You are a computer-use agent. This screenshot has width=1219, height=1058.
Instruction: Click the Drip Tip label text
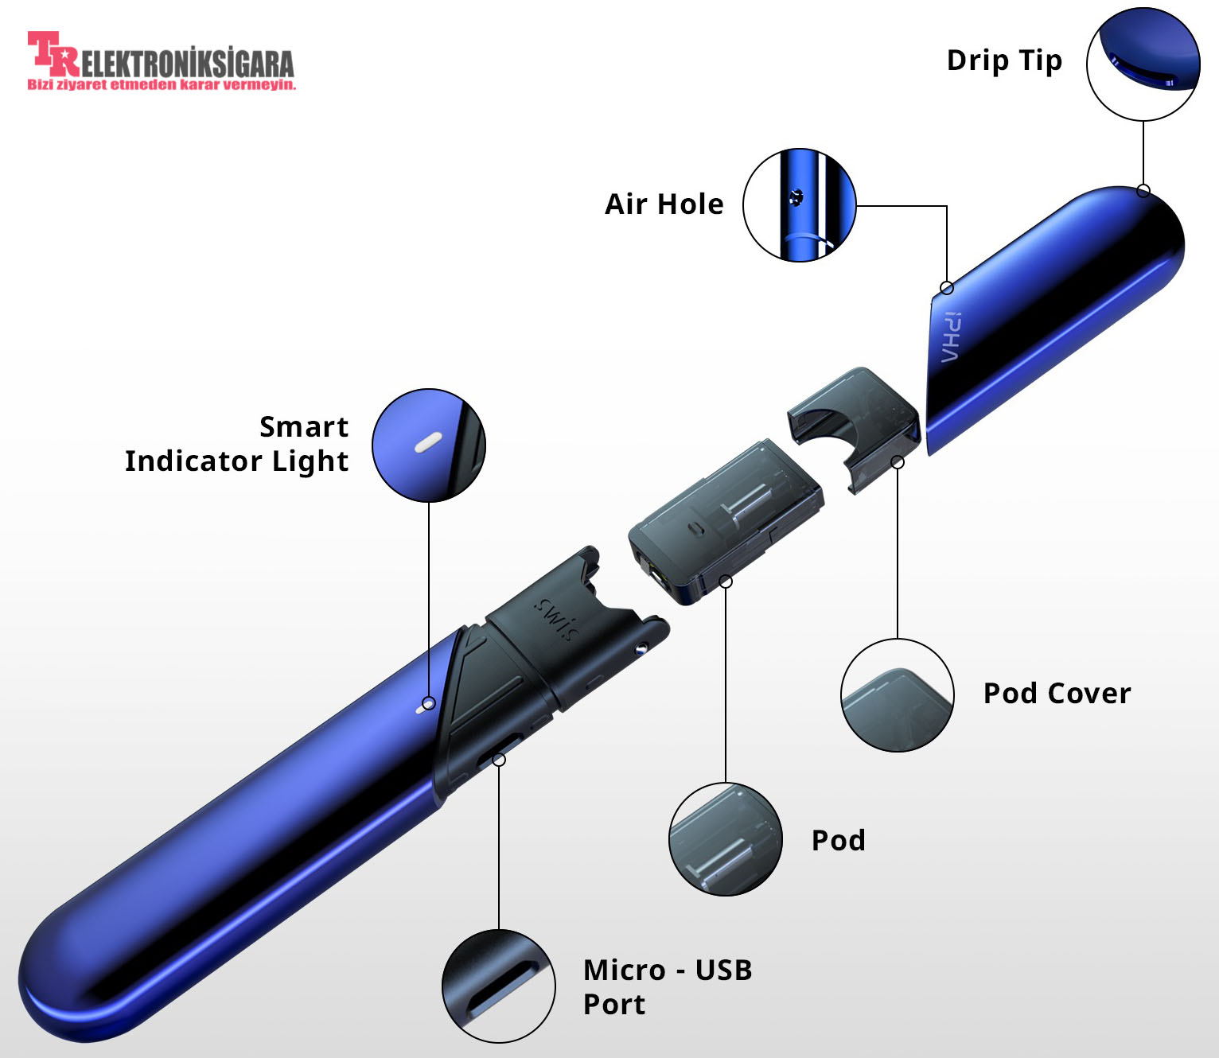[1004, 61]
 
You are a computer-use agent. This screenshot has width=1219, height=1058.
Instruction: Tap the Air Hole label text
[664, 204]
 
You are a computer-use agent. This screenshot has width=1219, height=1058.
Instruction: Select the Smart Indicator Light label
[237, 444]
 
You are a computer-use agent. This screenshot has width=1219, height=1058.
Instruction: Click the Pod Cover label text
[1057, 694]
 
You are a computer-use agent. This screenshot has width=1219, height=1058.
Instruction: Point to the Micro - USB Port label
[667, 987]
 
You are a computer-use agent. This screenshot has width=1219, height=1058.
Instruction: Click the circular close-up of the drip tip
[1143, 64]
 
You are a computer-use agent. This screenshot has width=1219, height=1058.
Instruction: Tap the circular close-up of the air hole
[799, 204]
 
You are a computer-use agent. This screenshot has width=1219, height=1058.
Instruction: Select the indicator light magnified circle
[429, 445]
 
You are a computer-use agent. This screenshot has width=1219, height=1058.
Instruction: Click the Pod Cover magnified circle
[898, 695]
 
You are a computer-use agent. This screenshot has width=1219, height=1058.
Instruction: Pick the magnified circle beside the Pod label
[726, 839]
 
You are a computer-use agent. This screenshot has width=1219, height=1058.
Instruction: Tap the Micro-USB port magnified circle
[499, 986]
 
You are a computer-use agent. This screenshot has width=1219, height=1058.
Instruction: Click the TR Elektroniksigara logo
[161, 56]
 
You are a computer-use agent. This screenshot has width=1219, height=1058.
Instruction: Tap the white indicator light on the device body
[422, 707]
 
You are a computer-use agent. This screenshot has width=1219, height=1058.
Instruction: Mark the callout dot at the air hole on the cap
[947, 287]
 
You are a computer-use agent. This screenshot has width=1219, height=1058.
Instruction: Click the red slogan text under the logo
[162, 84]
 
